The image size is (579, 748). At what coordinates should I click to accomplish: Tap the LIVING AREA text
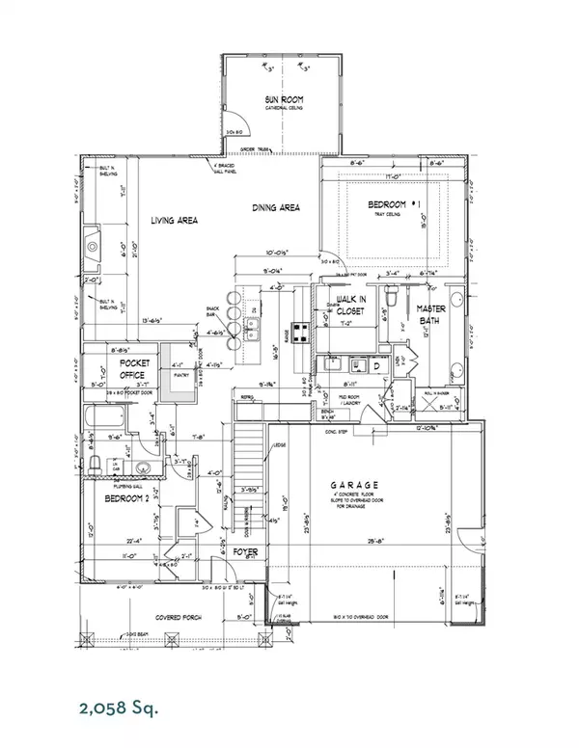(x=174, y=221)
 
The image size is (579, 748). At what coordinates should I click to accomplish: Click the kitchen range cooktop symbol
(x=300, y=335)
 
